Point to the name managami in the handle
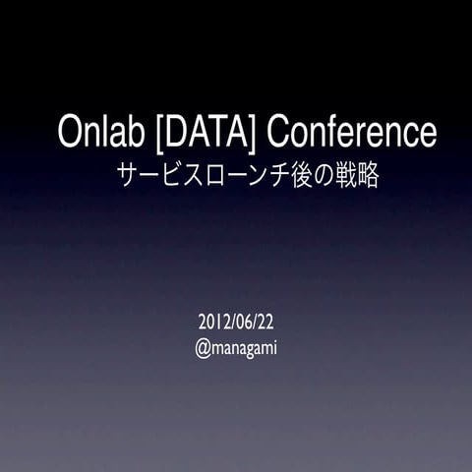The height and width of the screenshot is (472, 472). coord(245,348)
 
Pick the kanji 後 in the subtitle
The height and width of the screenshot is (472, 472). coord(290,176)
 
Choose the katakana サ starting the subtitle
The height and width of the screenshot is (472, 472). coord(127,176)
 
